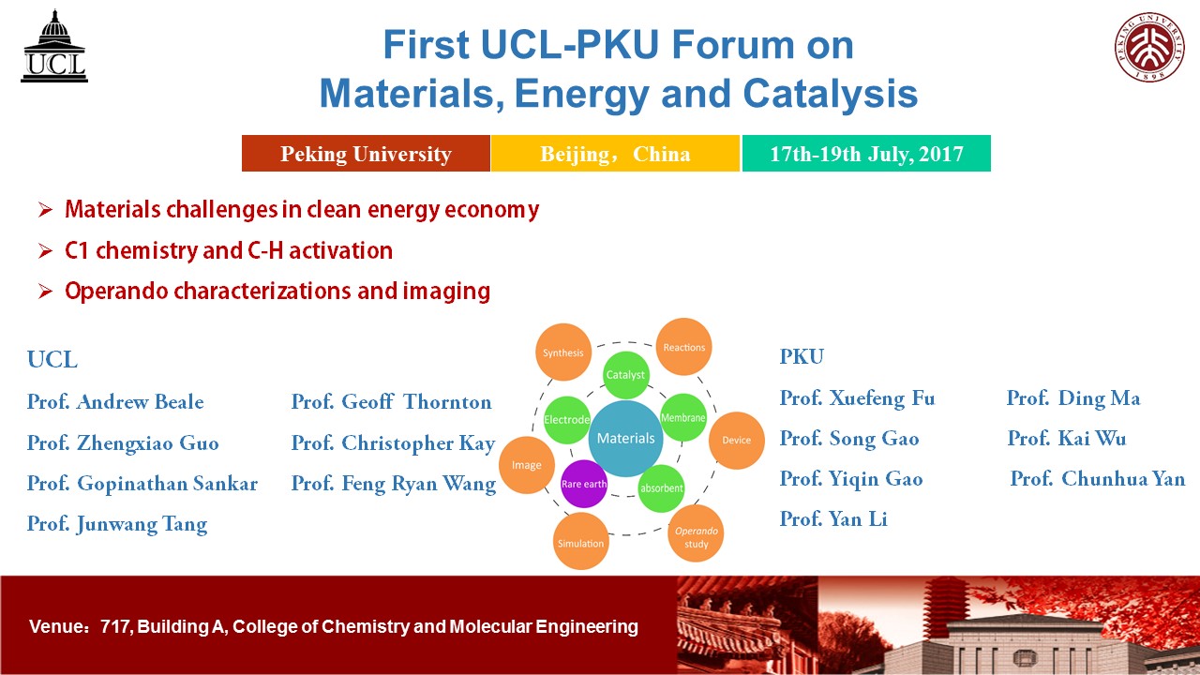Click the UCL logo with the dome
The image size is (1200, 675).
54,46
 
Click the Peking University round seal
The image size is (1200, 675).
1149,47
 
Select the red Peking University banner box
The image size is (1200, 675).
366,154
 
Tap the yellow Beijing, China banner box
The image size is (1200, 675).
616,154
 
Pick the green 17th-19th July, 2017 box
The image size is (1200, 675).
866,154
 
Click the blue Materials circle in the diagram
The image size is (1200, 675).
625,439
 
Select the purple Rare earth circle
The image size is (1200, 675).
584,484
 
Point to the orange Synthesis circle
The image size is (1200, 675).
563,352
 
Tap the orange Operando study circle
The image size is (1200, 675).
696,533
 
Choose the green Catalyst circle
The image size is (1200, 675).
625,375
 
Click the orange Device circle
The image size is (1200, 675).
737,441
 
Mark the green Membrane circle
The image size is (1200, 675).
683,418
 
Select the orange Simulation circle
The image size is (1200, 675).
580,541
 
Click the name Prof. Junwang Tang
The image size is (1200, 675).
117,524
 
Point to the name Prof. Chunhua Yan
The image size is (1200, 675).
1098,479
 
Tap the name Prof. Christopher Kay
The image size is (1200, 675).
393,443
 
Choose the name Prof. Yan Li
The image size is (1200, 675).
833,518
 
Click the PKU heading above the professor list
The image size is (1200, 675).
802,357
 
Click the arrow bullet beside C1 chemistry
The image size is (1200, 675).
46,250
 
